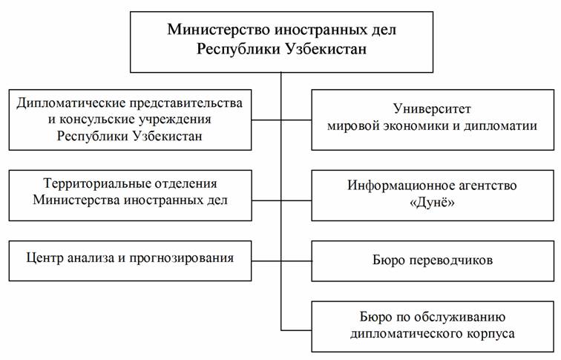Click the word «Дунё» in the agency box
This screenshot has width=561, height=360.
coord(432,202)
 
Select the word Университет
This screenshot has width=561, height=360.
coord(432,108)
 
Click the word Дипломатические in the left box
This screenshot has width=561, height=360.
coord(70,103)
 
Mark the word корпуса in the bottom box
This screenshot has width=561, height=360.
coord(491,334)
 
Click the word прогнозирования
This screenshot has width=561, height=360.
coord(181,258)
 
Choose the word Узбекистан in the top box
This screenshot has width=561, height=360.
coord(326,49)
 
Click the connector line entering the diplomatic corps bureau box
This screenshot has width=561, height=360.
coord(296,330)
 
